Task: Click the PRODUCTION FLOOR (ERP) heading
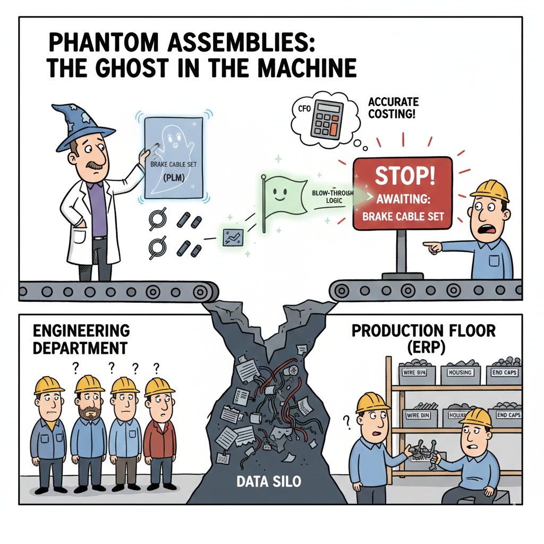tap(423, 338)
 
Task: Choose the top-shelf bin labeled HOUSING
tap(460, 373)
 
